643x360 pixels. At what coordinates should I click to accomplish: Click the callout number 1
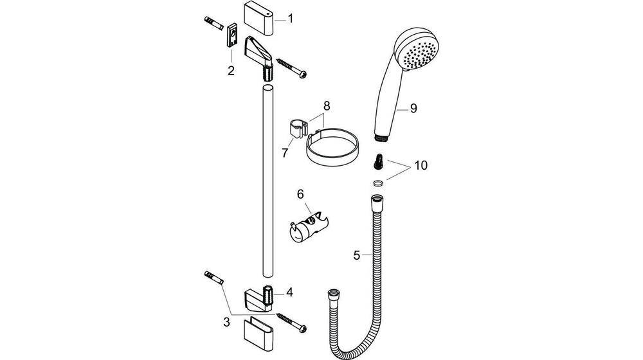290,19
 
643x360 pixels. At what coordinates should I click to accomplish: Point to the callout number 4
290,292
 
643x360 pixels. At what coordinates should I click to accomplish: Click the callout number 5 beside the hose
357,255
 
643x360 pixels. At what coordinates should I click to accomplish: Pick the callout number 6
300,194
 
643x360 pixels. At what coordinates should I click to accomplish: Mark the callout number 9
413,109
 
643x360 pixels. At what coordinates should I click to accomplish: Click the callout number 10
421,165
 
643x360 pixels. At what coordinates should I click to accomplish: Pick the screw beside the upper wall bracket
293,68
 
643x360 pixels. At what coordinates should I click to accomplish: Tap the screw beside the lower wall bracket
292,322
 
